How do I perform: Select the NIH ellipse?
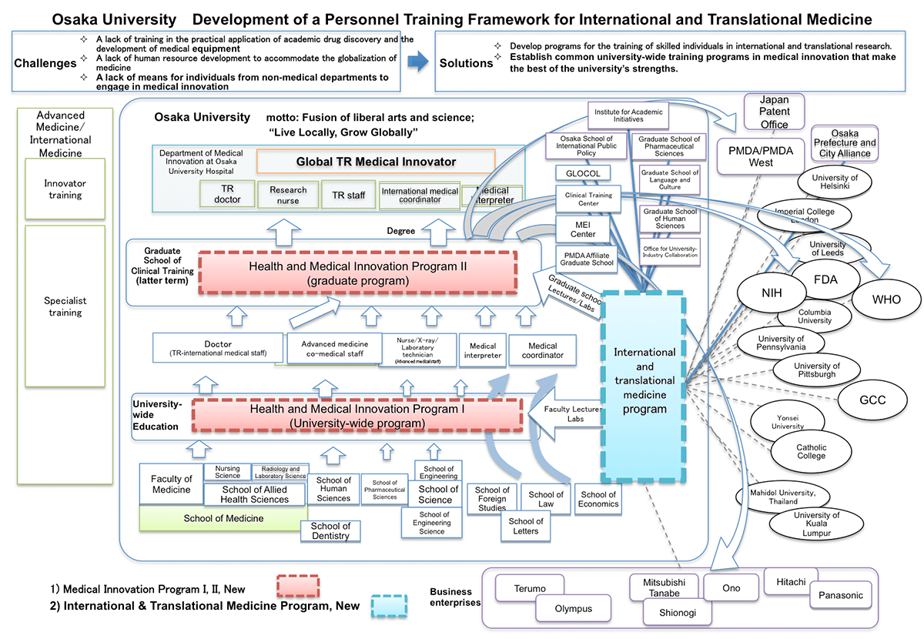(771, 293)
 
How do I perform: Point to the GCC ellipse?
(872, 400)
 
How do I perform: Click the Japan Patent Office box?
(774, 112)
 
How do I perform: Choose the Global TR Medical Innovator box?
(376, 162)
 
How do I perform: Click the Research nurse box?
(289, 195)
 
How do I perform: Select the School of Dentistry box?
(330, 531)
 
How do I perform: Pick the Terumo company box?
(530, 588)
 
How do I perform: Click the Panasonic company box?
(842, 595)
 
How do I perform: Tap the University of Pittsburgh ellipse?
(817, 370)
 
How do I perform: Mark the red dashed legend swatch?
(297, 586)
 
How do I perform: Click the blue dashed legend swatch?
(393, 606)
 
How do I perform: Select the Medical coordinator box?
(543, 351)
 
